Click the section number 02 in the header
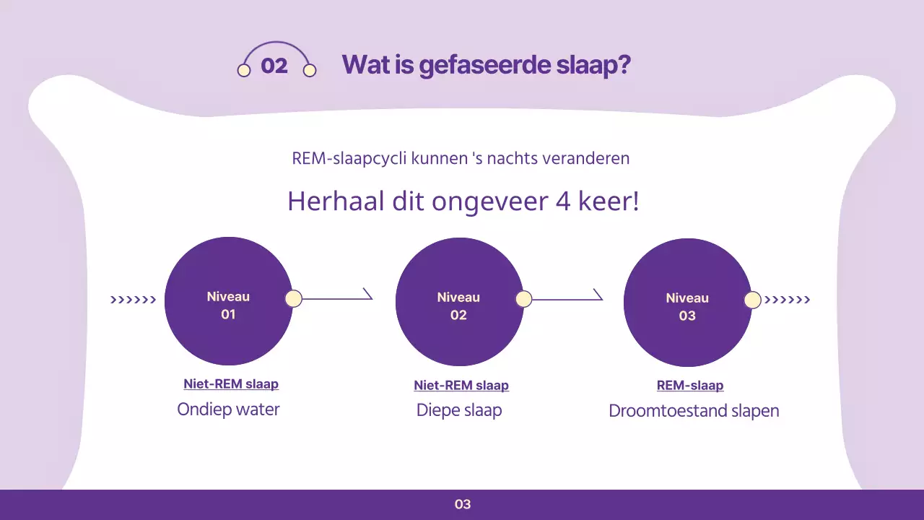pos(274,66)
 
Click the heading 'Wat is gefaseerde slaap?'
pos(486,65)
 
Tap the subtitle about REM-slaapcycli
pos(461,158)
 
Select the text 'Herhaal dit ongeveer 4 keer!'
pos(463,201)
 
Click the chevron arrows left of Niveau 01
pos(133,300)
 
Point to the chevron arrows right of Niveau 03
pos(787,300)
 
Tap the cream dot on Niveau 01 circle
pos(293,299)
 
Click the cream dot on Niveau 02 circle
pos(523,299)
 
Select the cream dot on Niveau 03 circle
pos(752,300)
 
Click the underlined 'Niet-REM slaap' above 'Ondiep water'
pos(231,384)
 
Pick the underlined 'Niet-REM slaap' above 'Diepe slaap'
pos(461,386)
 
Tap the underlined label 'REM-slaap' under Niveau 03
pos(690,386)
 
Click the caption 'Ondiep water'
pos(228,409)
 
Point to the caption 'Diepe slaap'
pos(459,410)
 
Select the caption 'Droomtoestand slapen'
pos(694,411)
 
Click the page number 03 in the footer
pos(463,504)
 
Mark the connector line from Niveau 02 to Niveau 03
pos(567,299)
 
